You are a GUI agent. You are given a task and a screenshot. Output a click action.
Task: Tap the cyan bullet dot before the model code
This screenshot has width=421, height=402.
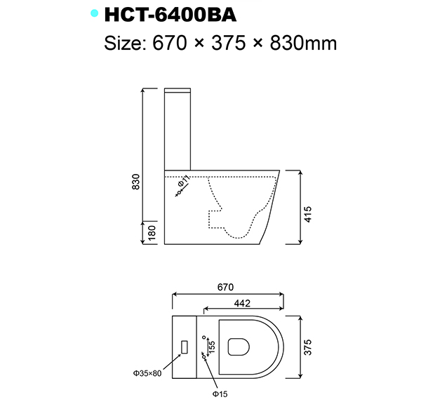click(x=94, y=13)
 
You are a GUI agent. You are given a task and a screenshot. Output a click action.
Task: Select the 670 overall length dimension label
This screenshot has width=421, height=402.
click(x=225, y=288)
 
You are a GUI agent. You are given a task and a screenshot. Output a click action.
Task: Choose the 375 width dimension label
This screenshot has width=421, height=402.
click(x=309, y=347)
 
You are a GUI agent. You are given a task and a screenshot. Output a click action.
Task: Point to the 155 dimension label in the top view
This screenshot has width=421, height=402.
click(x=212, y=346)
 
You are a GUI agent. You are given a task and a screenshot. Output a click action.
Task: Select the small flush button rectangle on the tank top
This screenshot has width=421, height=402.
click(x=185, y=347)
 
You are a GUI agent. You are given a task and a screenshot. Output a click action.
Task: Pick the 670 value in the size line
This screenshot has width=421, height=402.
click(x=169, y=43)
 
